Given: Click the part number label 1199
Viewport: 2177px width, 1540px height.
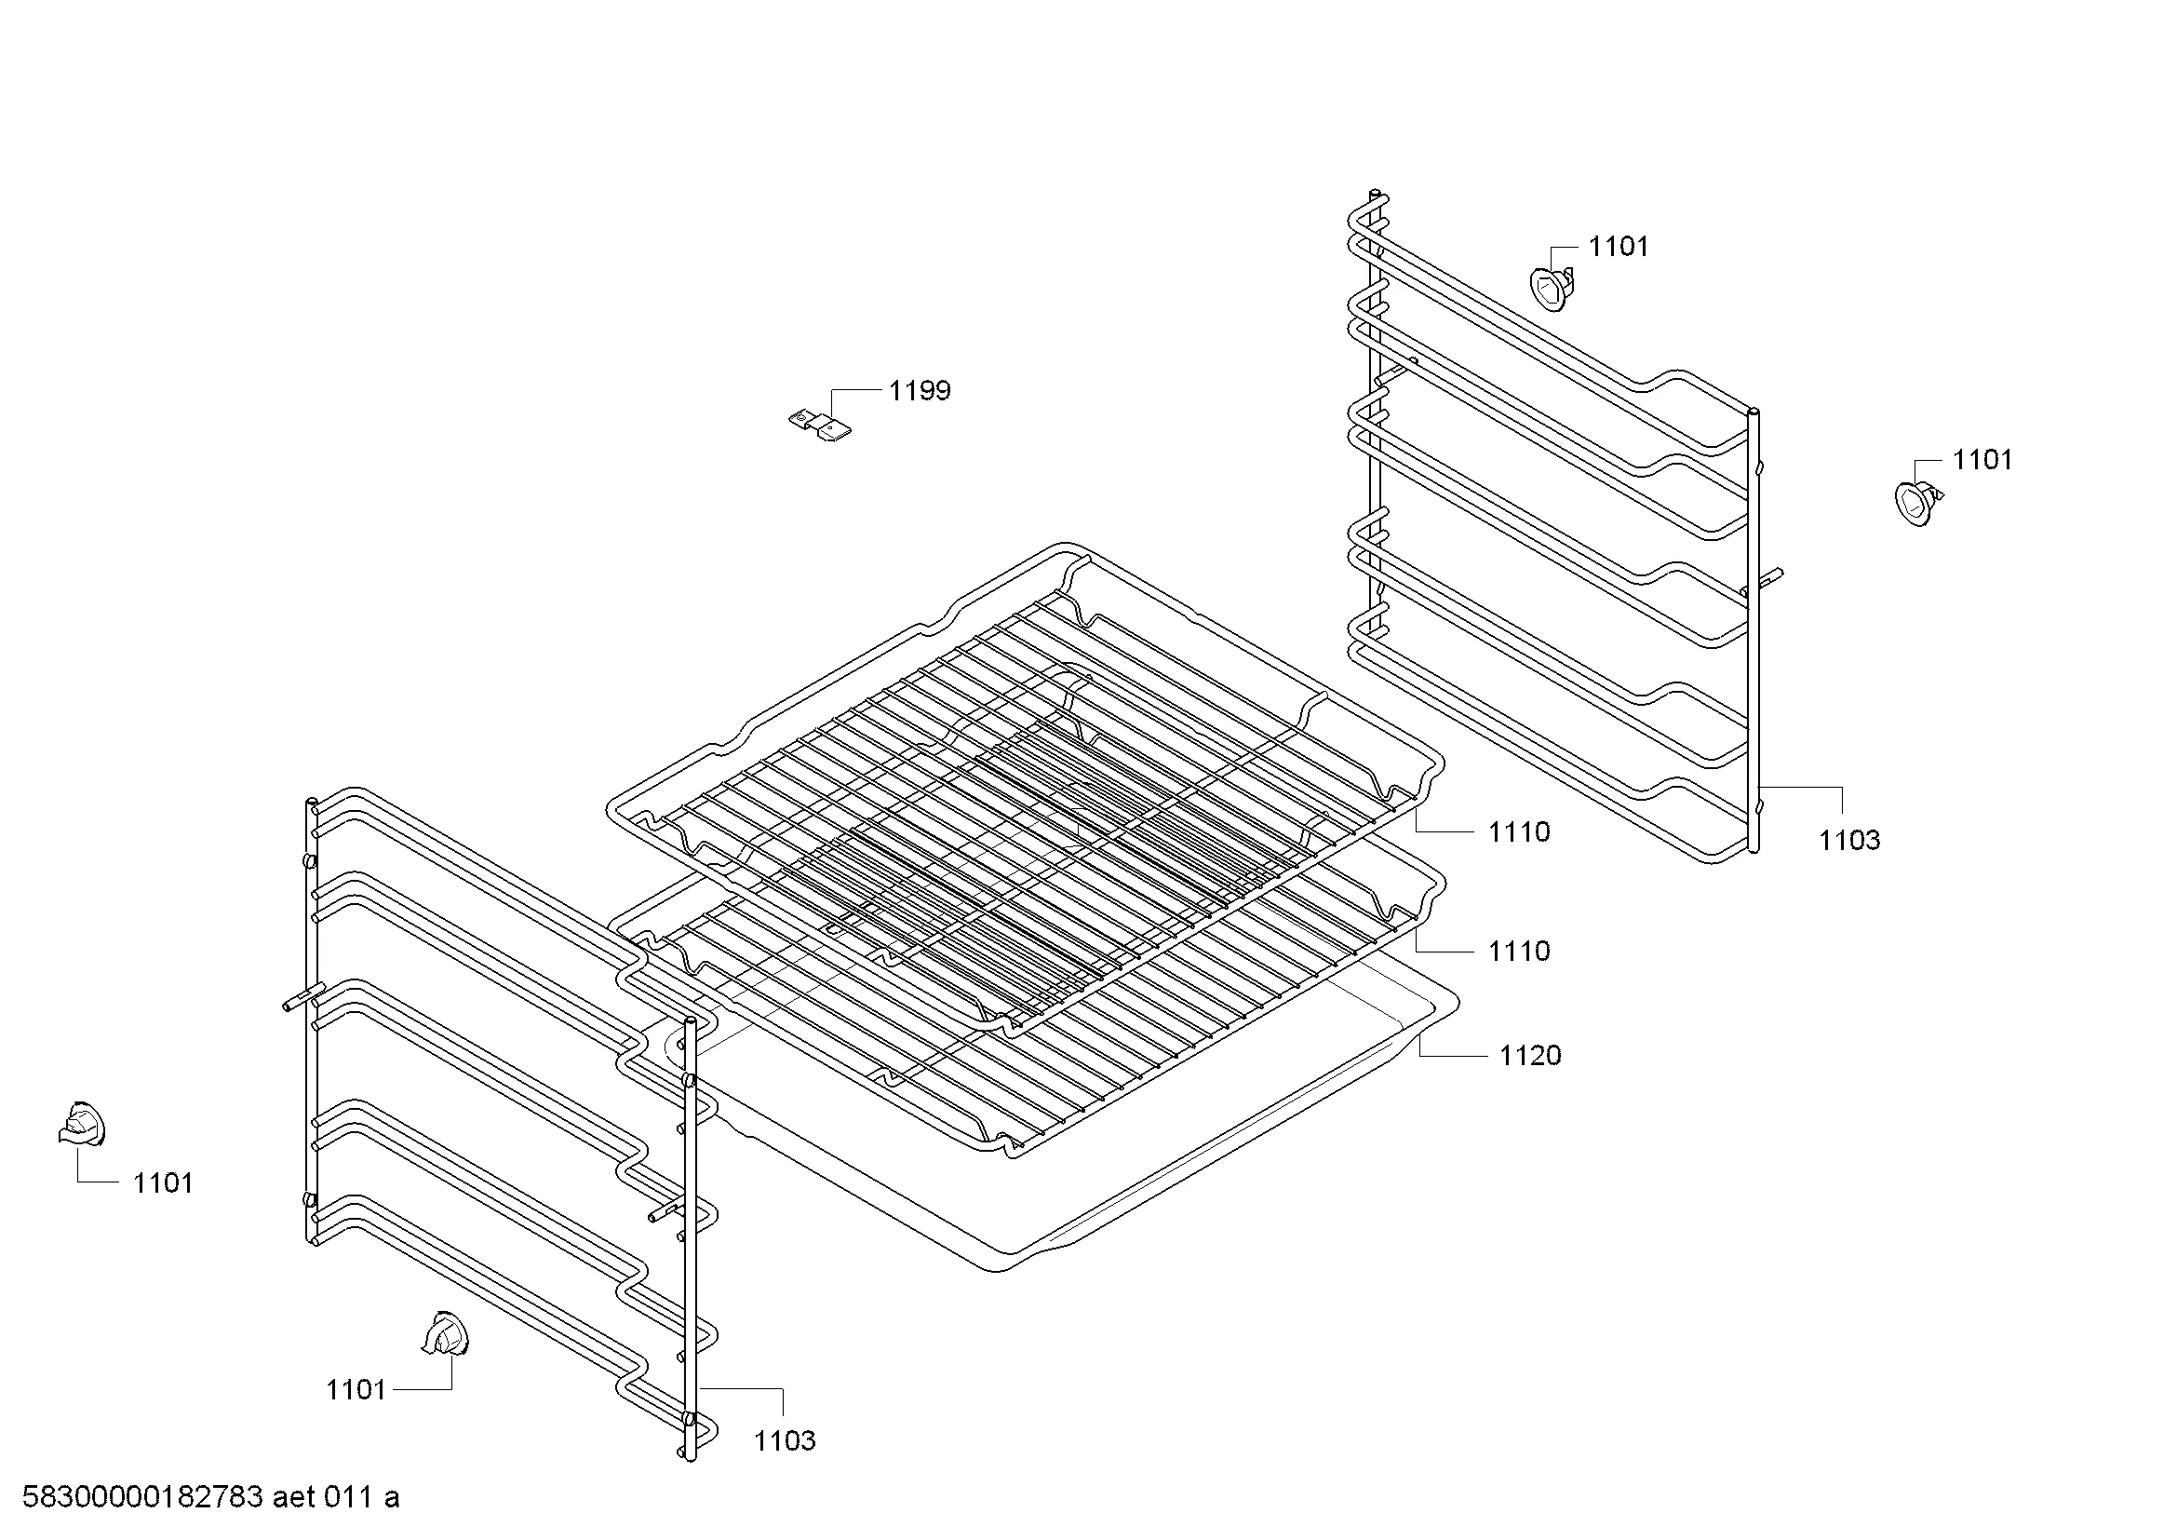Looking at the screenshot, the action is (919, 391).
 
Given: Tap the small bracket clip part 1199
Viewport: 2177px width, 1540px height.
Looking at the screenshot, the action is (821, 425).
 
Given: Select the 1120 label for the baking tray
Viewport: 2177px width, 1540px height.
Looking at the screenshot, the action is (1529, 1056).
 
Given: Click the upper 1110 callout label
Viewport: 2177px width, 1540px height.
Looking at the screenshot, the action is (1519, 832).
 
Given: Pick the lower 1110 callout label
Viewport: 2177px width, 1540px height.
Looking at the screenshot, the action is (1519, 952).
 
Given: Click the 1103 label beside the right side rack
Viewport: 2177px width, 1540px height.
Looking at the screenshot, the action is (1849, 840).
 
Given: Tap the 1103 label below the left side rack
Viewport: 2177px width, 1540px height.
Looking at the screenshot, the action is (784, 1440).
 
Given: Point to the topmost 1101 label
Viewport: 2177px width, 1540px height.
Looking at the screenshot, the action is (1619, 247).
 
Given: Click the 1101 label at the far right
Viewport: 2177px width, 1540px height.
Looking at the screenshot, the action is (1982, 460).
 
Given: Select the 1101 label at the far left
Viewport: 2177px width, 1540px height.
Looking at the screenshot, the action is (162, 1183).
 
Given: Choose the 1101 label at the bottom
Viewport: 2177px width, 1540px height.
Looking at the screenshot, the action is (356, 1390).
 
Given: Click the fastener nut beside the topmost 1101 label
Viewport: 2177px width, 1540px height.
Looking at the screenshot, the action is (1552, 288).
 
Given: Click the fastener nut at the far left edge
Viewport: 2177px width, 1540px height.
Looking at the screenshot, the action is (82, 1126).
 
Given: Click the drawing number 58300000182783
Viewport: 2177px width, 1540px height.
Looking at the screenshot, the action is (142, 1498).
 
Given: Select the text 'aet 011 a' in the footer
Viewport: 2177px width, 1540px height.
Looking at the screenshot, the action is (337, 1498).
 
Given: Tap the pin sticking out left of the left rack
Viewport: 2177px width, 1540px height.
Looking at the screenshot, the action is (297, 999).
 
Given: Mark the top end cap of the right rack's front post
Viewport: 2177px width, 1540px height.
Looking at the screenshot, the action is (1753, 412).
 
